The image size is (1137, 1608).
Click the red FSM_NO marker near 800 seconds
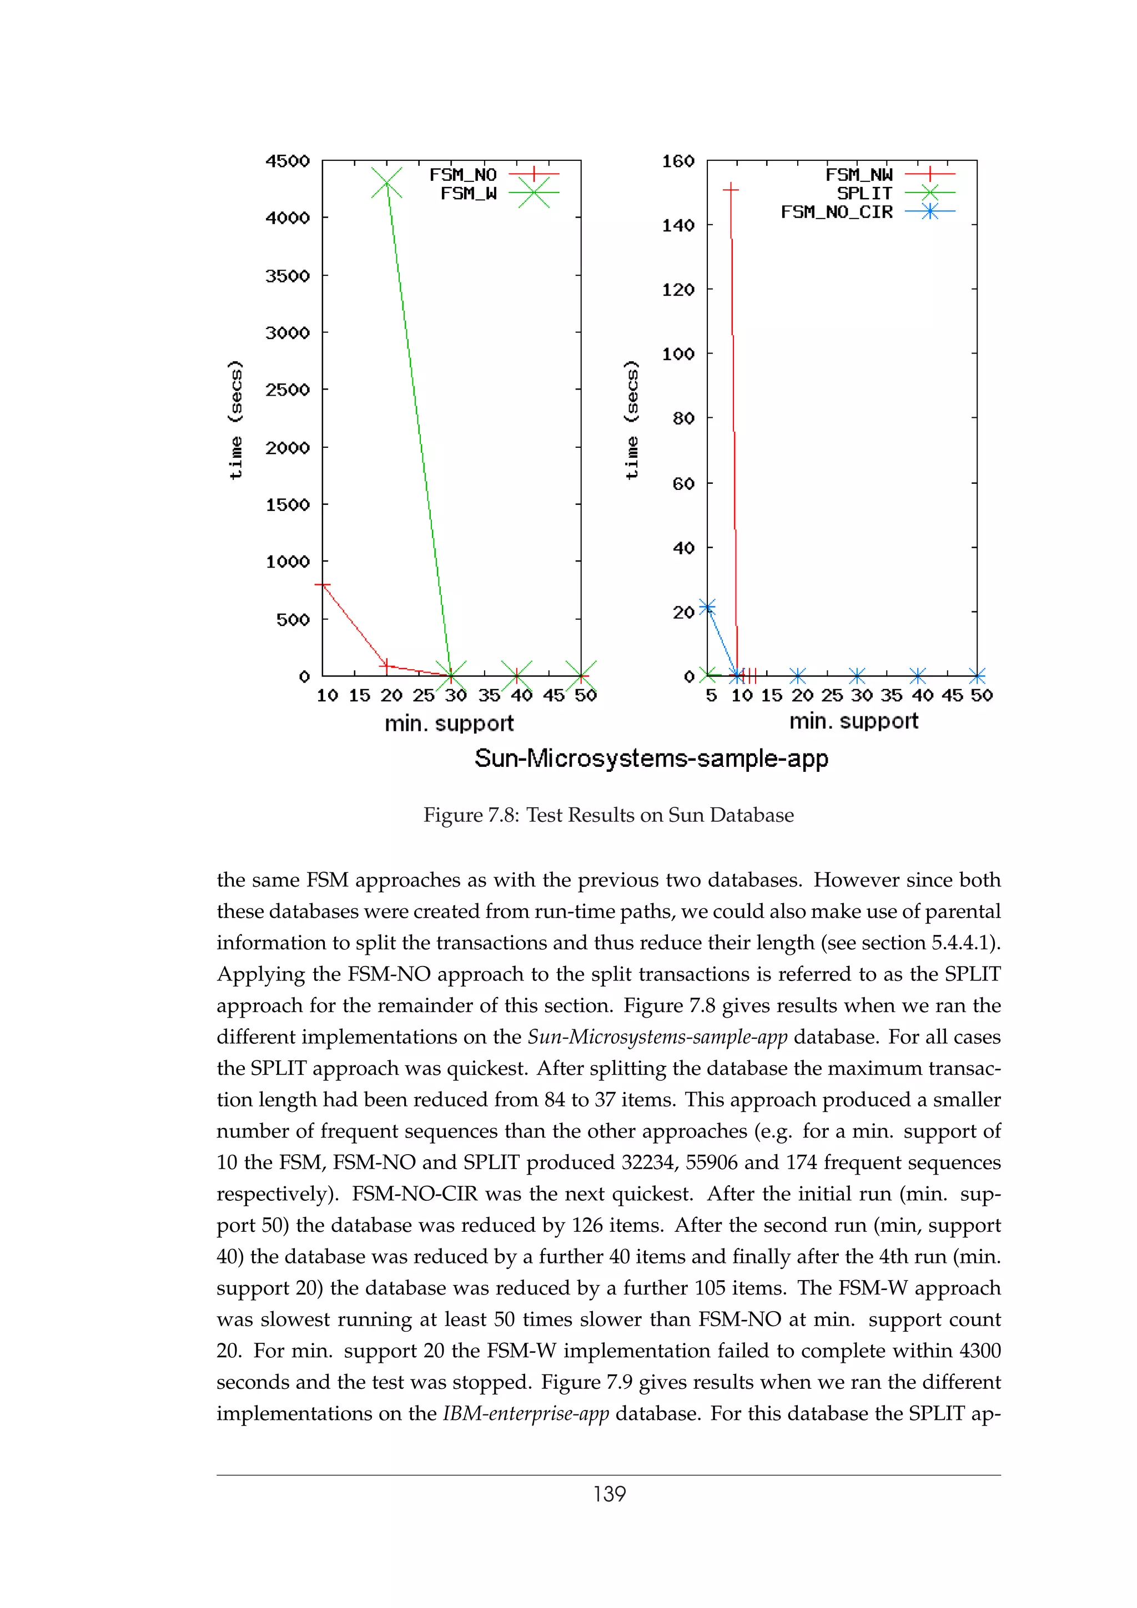pos(322,585)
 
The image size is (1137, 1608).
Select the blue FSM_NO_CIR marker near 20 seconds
pos(707,607)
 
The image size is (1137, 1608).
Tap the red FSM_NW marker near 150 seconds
pos(731,189)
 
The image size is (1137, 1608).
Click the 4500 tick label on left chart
pos(287,161)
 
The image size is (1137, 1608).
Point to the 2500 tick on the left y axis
pos(287,390)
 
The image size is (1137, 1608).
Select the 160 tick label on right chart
pos(677,161)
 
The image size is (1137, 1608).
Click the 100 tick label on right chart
pos(677,353)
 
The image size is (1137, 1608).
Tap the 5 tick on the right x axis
pos(711,695)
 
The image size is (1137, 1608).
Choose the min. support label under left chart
pos(449,724)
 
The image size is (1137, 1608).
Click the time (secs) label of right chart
pos(631,419)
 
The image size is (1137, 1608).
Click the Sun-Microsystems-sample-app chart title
pos(651,759)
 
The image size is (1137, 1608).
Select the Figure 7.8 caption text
pos(608,815)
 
